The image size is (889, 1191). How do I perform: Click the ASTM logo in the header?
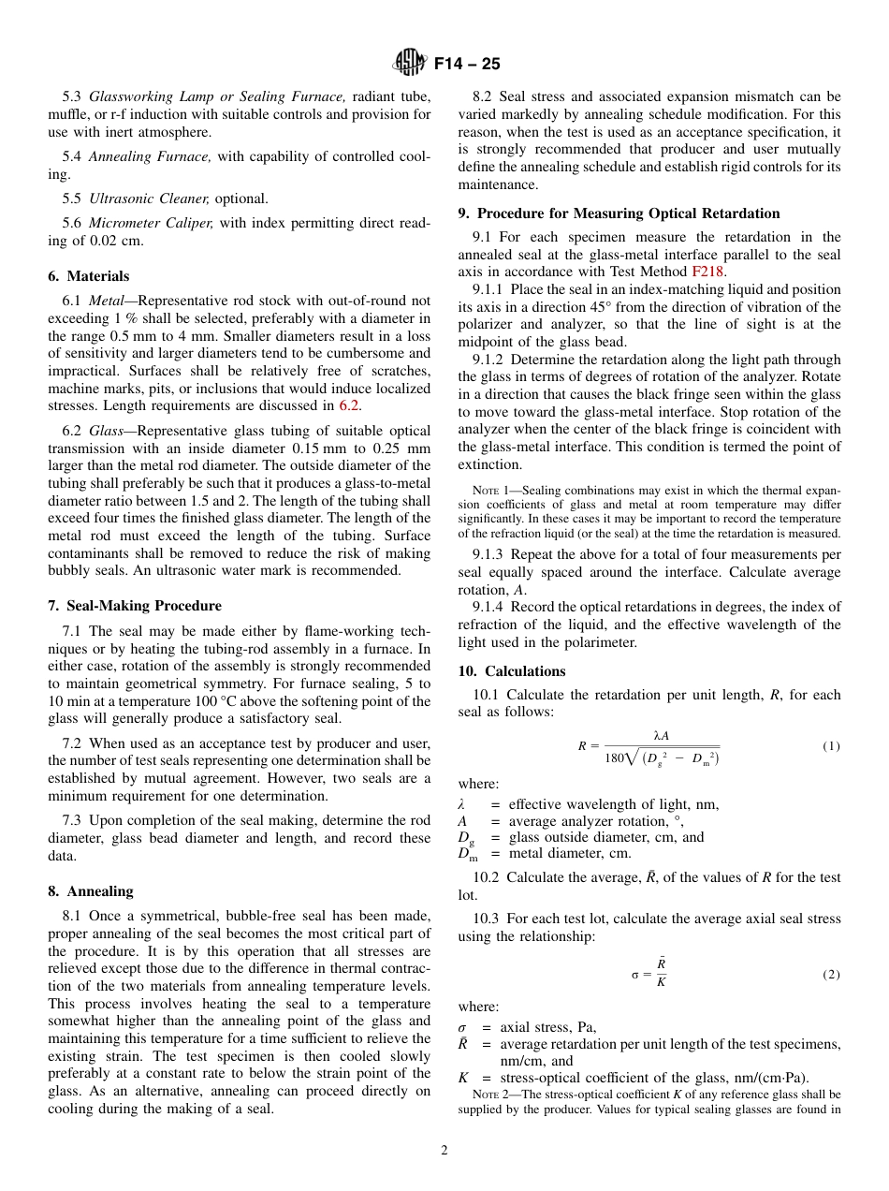tap(410, 64)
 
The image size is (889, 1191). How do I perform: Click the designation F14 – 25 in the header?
tap(467, 64)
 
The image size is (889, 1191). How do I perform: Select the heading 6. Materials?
tap(89, 276)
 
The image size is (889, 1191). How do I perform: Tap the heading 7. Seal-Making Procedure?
tap(135, 606)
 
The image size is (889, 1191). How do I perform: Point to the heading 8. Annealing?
tap(91, 891)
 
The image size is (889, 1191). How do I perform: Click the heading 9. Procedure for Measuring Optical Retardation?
tap(619, 213)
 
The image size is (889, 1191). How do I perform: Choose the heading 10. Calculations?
tap(512, 671)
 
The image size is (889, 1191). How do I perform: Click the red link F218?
tap(707, 272)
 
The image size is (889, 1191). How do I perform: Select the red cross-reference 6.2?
tap(349, 405)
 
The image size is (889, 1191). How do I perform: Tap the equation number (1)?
tap(831, 746)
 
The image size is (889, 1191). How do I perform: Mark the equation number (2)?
tap(831, 975)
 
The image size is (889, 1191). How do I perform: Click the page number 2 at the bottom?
tap(444, 1151)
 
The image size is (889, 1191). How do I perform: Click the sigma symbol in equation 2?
tap(635, 975)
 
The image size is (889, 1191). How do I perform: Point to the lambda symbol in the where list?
tap(461, 804)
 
